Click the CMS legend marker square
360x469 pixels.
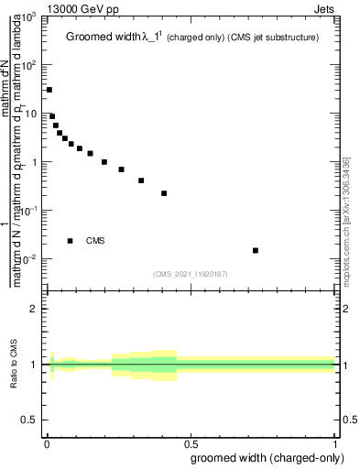point(71,241)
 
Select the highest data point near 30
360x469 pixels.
point(49,90)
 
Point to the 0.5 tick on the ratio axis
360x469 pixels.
point(30,420)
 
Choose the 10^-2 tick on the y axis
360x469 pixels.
point(29,259)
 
